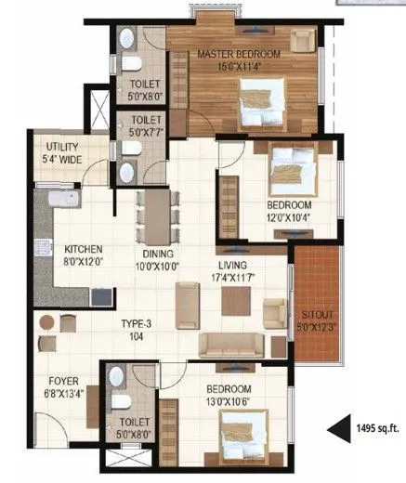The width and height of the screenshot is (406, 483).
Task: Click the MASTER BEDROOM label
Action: (238, 55)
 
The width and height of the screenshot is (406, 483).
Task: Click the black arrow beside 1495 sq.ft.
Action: (335, 429)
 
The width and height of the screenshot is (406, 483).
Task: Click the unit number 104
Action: (135, 338)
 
